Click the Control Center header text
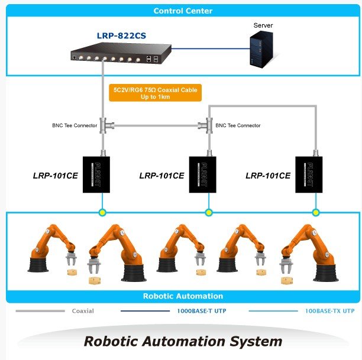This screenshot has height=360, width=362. pyautogui.click(x=183, y=11)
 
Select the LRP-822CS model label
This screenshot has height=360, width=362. pyautogui.click(x=121, y=36)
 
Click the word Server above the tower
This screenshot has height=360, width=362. pyautogui.click(x=263, y=25)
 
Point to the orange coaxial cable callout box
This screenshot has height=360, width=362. pyautogui.click(x=155, y=93)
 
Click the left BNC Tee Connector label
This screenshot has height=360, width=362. pyautogui.click(x=75, y=125)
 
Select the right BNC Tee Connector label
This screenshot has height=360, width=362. pyautogui.click(x=238, y=125)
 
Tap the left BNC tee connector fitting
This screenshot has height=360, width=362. pyautogui.click(x=106, y=125)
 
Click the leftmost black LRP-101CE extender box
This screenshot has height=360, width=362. pyautogui.click(x=96, y=174)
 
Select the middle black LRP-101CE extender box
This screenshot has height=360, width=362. pyautogui.click(x=202, y=174)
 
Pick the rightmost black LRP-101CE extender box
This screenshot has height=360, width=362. pyautogui.click(x=309, y=174)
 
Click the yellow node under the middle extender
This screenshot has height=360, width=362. pyautogui.click(x=209, y=212)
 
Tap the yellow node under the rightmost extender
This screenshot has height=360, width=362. pyautogui.click(x=316, y=212)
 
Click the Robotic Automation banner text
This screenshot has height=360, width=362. pyautogui.click(x=183, y=296)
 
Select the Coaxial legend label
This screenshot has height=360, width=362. pyautogui.click(x=83, y=311)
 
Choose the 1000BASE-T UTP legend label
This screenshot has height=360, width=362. pyautogui.click(x=202, y=311)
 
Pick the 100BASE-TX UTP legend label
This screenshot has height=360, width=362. pyautogui.click(x=329, y=311)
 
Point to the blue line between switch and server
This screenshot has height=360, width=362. pyautogui.click(x=211, y=48)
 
